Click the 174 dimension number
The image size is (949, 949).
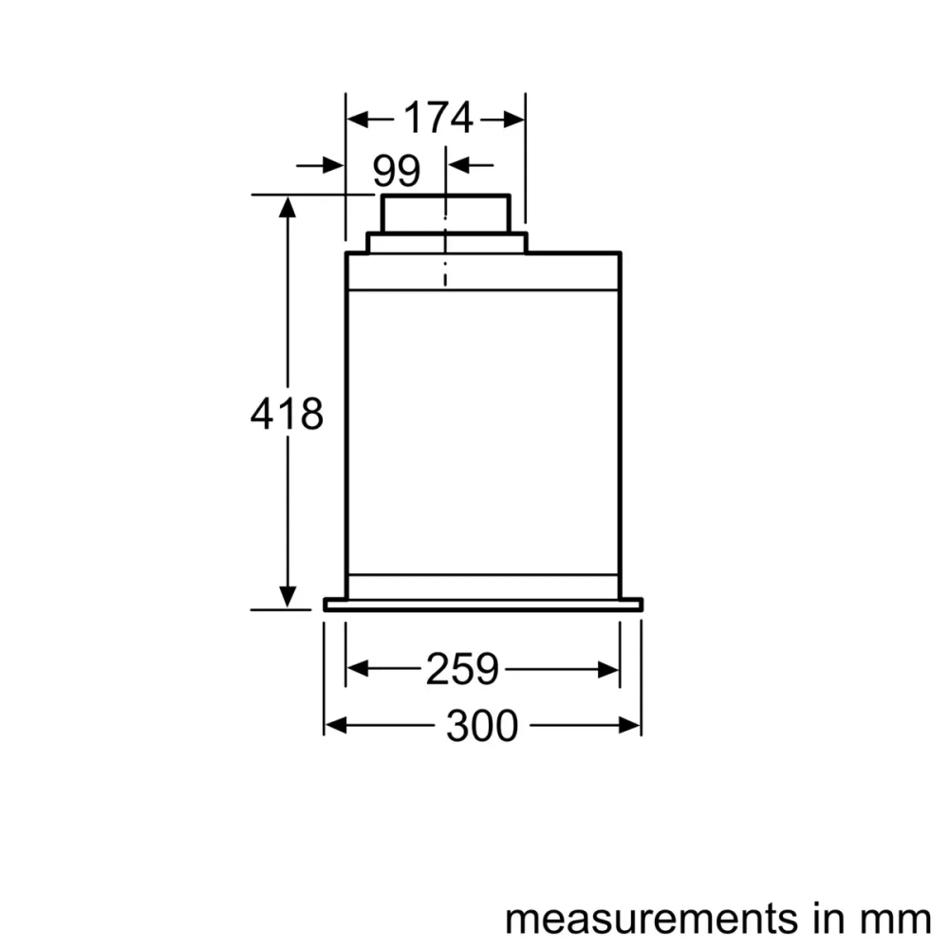click(x=438, y=118)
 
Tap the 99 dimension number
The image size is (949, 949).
click(x=397, y=171)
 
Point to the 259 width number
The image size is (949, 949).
click(x=462, y=669)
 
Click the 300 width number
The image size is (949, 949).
click(x=482, y=725)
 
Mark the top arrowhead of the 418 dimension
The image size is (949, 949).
click(x=288, y=207)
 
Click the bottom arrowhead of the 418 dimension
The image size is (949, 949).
click(x=288, y=597)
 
